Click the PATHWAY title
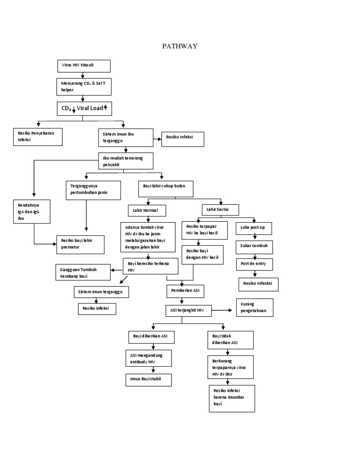[x=180, y=46]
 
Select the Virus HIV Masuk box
[x=83, y=66]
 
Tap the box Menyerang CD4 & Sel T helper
[x=83, y=86]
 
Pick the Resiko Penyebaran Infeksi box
[x=37, y=137]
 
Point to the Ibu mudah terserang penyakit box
[x=126, y=161]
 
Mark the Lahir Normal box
[x=147, y=210]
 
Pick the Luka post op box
[x=253, y=228]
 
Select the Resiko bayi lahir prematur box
[x=81, y=245]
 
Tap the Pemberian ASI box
[x=186, y=292]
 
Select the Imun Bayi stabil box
[x=147, y=379]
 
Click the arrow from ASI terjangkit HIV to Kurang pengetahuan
[x=223, y=310]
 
